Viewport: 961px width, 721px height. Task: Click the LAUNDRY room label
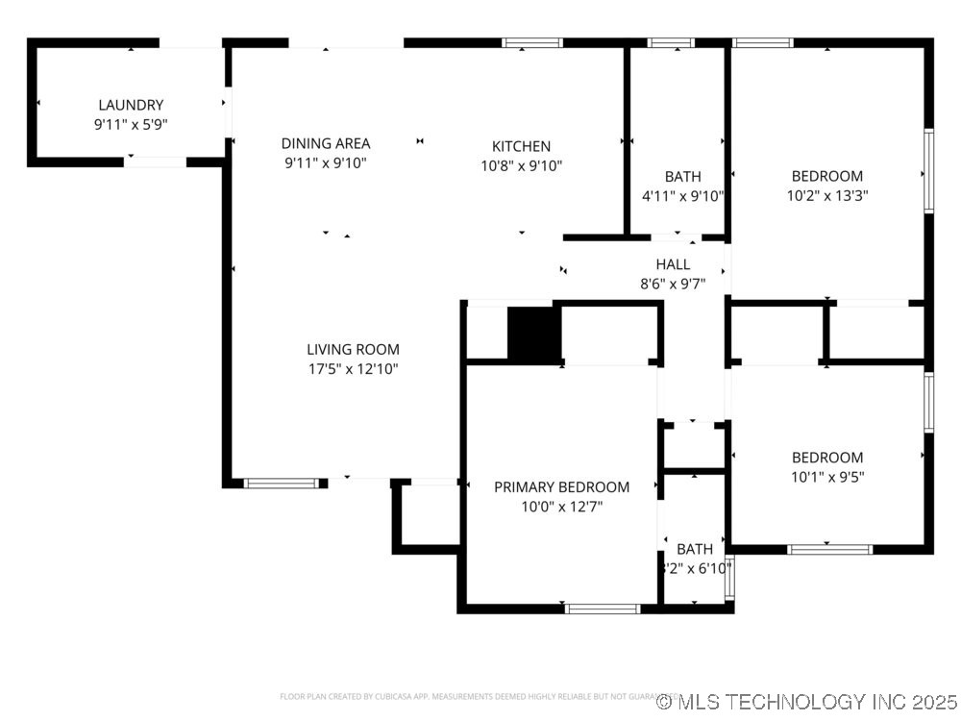point(131,105)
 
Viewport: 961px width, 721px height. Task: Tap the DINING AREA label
point(326,144)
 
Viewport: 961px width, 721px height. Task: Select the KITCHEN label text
point(521,146)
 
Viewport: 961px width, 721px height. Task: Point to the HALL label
point(673,264)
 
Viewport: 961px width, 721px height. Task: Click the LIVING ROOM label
point(353,350)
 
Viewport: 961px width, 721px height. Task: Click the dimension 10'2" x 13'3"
point(826,195)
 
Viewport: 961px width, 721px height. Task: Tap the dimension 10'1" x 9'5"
point(826,476)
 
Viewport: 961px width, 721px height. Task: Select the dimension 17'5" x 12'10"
point(353,368)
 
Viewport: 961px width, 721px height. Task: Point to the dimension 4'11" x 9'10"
point(682,195)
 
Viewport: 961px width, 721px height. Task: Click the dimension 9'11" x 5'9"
point(131,123)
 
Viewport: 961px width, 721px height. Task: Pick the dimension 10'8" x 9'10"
point(521,164)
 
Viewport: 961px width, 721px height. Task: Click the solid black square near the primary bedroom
point(533,334)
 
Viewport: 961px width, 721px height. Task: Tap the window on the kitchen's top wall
point(532,42)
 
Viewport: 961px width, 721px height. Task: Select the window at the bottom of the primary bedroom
point(603,609)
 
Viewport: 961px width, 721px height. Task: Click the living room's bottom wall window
point(281,484)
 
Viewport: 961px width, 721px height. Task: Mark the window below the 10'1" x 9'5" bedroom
point(829,550)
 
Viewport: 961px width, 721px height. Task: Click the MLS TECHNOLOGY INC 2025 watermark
point(807,702)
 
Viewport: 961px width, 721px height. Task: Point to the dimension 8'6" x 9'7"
point(673,284)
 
